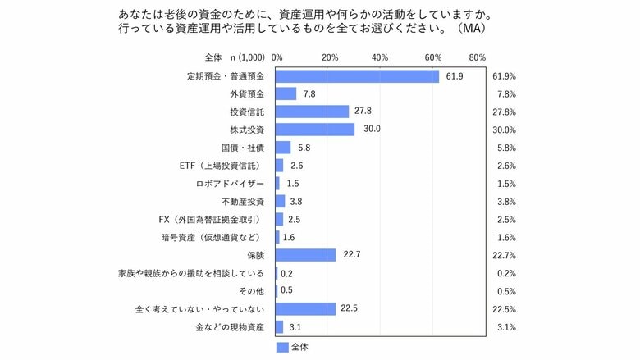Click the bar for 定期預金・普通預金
(x=358, y=75)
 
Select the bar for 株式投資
(x=315, y=130)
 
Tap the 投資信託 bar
(x=313, y=112)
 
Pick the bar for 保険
(x=306, y=255)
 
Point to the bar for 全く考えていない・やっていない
(x=306, y=308)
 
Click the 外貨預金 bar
(x=286, y=93)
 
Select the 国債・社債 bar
(x=284, y=148)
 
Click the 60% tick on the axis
(x=433, y=57)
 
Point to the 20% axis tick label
(x=331, y=57)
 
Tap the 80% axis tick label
(x=477, y=57)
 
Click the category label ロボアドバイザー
(x=231, y=184)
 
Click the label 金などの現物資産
(x=230, y=326)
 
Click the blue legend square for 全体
(x=282, y=348)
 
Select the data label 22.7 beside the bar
(x=351, y=255)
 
